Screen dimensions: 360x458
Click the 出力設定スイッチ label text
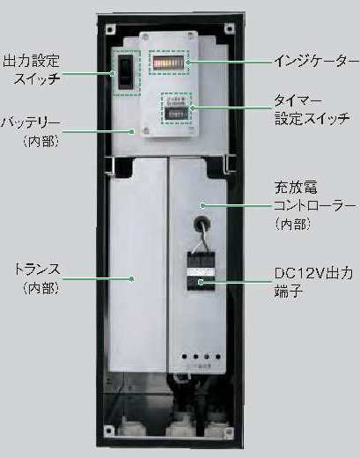[x=31, y=70]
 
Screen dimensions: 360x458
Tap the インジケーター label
[x=317, y=62]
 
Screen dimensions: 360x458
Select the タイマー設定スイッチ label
[x=312, y=110]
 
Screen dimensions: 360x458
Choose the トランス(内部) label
[x=38, y=278]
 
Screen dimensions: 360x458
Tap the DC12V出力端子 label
[x=313, y=282]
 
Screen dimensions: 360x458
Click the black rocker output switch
[x=126, y=71]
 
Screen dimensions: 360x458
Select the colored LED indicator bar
[x=168, y=63]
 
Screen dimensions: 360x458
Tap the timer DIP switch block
[x=176, y=114]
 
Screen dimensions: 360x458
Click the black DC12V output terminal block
[x=202, y=271]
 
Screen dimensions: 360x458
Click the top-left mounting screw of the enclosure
[x=110, y=29]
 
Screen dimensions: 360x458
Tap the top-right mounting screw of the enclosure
[x=229, y=28]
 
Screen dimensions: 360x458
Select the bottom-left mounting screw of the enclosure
[x=109, y=431]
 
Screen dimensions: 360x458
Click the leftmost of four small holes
[x=184, y=357]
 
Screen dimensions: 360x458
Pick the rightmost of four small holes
[x=218, y=357]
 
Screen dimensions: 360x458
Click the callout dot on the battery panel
[x=132, y=132]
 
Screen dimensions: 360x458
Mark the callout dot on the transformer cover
[x=132, y=278]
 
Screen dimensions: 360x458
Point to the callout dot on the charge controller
[x=202, y=205]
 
